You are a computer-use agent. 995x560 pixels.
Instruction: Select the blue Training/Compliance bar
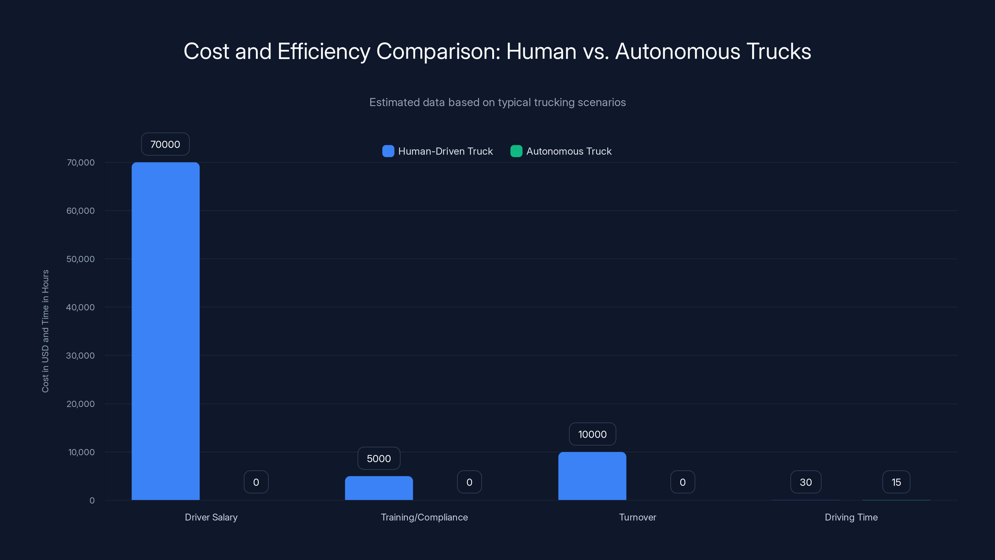(378, 488)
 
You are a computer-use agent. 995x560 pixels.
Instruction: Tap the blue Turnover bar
(592, 476)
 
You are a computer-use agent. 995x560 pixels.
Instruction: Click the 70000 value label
(165, 144)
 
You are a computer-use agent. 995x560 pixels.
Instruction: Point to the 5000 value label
(378, 458)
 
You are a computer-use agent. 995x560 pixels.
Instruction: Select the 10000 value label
(592, 434)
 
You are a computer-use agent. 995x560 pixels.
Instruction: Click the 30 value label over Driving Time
(805, 482)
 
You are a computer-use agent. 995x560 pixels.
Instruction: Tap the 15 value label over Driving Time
(896, 482)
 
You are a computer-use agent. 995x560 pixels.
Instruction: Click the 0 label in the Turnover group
(682, 482)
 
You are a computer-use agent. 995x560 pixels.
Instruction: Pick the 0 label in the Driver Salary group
(256, 482)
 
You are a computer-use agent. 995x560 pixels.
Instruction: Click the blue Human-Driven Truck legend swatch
(388, 151)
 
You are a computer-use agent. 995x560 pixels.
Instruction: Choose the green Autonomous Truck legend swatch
(516, 151)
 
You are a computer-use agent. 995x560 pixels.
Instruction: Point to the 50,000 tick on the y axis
(80, 259)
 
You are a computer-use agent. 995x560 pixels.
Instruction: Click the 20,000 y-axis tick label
(80, 404)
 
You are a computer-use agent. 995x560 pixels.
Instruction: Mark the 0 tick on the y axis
(92, 501)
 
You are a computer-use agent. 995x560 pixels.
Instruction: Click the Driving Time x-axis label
(851, 517)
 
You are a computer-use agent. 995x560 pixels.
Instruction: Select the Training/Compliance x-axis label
(424, 517)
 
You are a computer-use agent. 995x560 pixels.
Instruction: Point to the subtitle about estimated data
(497, 102)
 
